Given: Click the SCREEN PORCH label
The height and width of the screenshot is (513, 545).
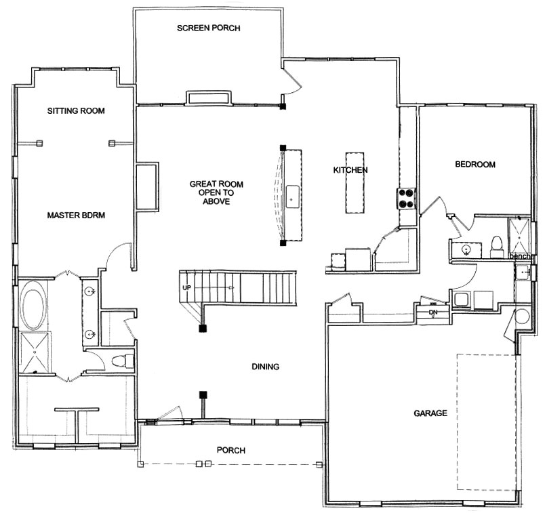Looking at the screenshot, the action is pyautogui.click(x=209, y=28).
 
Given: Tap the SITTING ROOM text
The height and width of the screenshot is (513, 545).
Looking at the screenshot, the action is pyautogui.click(x=76, y=111).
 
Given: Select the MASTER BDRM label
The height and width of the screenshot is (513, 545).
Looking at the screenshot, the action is pyautogui.click(x=76, y=215).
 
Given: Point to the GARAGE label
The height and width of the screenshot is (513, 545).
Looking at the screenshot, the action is pyautogui.click(x=430, y=413).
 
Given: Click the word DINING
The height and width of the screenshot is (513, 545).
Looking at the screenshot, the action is pyautogui.click(x=266, y=367).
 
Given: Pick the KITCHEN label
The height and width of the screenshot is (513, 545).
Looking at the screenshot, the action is pyautogui.click(x=350, y=170).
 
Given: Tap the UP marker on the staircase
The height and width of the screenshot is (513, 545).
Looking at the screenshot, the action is pyautogui.click(x=186, y=288).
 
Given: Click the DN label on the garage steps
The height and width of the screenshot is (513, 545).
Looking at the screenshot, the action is pyautogui.click(x=433, y=312).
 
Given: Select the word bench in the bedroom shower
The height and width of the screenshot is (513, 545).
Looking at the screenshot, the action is pyautogui.click(x=520, y=256).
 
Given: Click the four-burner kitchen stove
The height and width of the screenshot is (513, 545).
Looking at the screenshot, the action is pyautogui.click(x=406, y=199).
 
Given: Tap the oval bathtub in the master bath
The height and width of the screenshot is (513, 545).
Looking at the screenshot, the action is pyautogui.click(x=33, y=305).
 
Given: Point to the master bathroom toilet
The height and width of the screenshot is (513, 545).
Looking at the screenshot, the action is pyautogui.click(x=123, y=361).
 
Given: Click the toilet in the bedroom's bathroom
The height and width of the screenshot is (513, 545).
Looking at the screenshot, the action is pyautogui.click(x=497, y=247).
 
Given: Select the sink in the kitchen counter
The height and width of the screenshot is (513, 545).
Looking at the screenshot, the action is pyautogui.click(x=292, y=197).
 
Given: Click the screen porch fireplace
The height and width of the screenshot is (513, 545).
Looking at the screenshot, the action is pyautogui.click(x=209, y=98).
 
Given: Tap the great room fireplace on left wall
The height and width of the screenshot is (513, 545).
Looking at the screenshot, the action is pyautogui.click(x=147, y=186).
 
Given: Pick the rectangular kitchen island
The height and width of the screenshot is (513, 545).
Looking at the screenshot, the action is pyautogui.click(x=355, y=182).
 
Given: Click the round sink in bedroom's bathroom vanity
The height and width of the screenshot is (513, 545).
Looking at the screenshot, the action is pyautogui.click(x=466, y=249).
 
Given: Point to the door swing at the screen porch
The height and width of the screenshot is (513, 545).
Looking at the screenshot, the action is pyautogui.click(x=291, y=81).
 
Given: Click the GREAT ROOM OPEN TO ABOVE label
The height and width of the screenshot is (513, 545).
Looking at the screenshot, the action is pyautogui.click(x=216, y=192).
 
